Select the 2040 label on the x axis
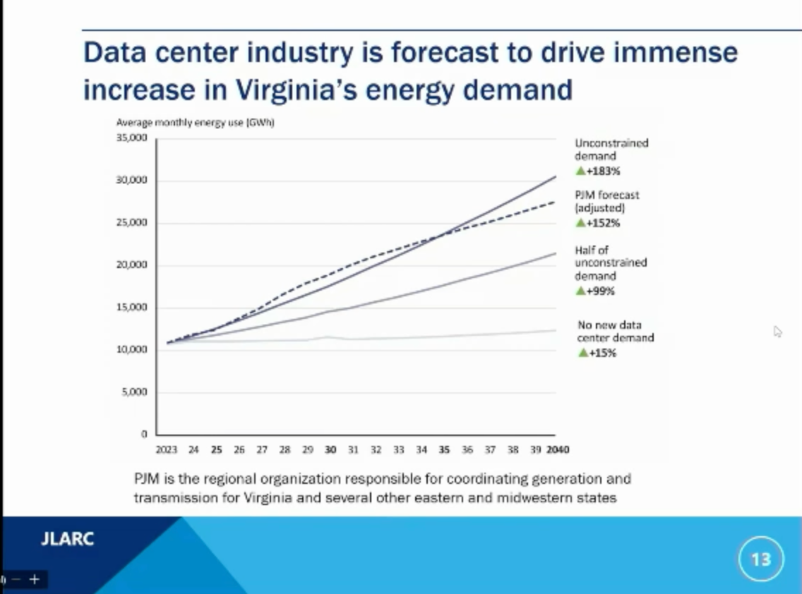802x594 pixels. tap(558, 449)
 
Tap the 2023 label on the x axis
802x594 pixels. tap(167, 449)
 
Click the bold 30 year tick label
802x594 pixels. tap(330, 449)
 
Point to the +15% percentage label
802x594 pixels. tap(601, 353)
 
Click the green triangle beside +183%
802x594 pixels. tap(580, 171)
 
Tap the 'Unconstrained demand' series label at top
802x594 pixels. tap(611, 149)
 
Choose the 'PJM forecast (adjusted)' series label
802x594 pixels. tap(606, 201)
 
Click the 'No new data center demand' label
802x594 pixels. tap(615, 332)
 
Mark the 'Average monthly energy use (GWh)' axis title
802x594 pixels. tap(195, 123)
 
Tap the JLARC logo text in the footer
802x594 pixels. tap(67, 540)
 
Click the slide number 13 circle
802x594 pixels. tap(760, 559)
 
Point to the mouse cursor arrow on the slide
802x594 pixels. tap(777, 331)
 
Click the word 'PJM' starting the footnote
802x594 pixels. tap(147, 479)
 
